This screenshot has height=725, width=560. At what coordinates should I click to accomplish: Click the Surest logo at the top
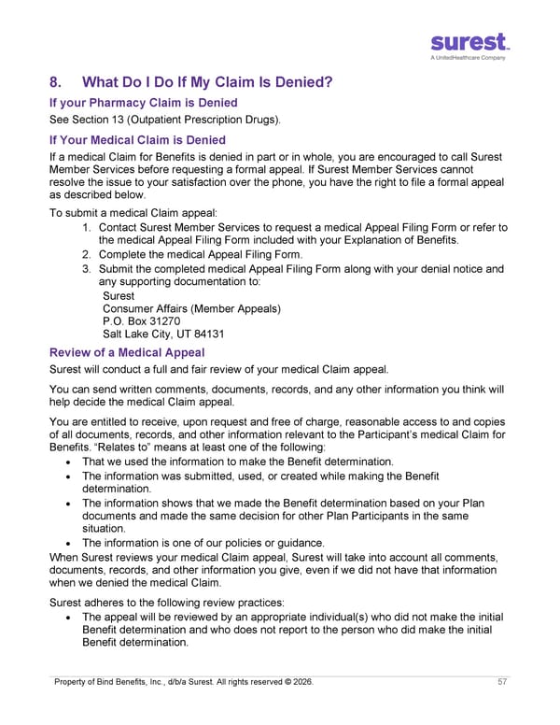[x=469, y=42]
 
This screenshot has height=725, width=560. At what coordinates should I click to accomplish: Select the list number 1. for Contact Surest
[x=86, y=228]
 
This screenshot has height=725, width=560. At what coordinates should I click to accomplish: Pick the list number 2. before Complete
[x=86, y=254]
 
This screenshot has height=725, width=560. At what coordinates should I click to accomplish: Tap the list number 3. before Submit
[x=86, y=269]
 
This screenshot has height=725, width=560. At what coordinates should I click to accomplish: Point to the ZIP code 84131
[x=205, y=334]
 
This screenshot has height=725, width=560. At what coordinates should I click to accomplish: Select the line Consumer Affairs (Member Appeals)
[x=191, y=308]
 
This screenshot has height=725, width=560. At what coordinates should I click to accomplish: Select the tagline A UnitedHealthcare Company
[x=469, y=58]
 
